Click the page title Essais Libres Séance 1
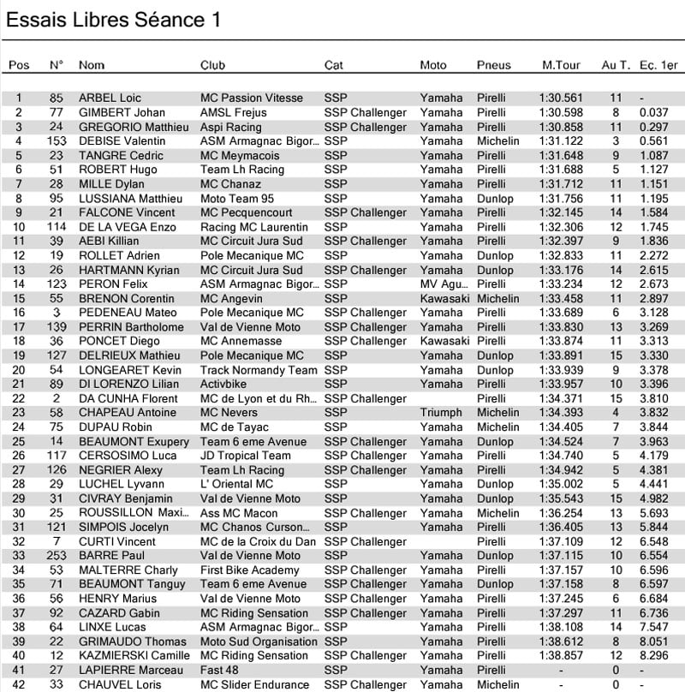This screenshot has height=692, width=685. tap(114, 20)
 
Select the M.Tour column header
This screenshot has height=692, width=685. tap(561, 65)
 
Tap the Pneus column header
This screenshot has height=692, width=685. tap(493, 65)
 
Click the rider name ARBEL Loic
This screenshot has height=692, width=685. tap(110, 98)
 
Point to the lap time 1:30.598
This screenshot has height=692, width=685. tap(561, 112)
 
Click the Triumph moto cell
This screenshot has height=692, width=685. tap(441, 413)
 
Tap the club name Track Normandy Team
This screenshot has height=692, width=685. tap(259, 370)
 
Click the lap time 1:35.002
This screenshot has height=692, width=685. tap(561, 484)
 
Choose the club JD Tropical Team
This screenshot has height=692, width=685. tap(245, 456)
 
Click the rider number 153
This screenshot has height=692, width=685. tap(57, 141)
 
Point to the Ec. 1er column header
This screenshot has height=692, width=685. tap(658, 65)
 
